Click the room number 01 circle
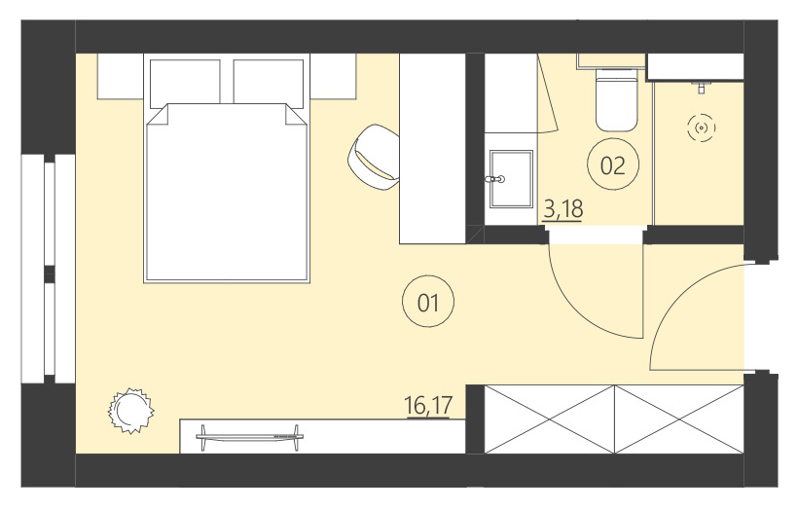click(428, 303)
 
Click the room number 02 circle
click(613, 165)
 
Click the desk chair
click(377, 155)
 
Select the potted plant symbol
click(129, 409)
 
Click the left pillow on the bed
click(185, 80)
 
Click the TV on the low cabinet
click(248, 434)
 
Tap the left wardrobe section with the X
click(550, 419)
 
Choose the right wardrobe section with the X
click(679, 419)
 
